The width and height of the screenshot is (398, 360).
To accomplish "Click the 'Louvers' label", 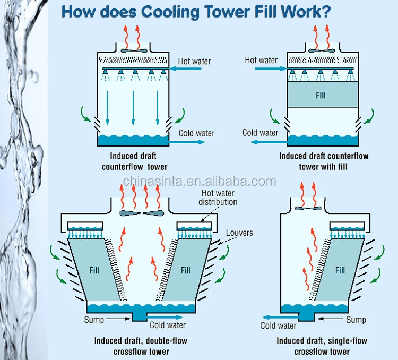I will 239,233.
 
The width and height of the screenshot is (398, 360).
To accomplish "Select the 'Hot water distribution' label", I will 218,198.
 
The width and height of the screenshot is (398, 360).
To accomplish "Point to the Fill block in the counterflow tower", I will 320,96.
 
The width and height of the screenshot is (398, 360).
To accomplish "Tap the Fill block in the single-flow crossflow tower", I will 340,270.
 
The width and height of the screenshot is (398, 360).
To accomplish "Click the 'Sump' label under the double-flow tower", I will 93,319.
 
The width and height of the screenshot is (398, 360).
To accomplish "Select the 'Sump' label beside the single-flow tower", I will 356,319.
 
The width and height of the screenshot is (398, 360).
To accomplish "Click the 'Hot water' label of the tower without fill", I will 194,61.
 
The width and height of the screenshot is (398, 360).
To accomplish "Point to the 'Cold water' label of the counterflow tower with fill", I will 260,133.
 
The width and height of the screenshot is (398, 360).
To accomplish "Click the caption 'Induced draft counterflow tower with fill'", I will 324,161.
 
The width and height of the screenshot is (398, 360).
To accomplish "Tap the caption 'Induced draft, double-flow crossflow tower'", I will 141,346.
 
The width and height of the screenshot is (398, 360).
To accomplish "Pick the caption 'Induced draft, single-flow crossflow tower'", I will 322,346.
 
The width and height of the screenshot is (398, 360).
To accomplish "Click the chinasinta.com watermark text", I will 199,182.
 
